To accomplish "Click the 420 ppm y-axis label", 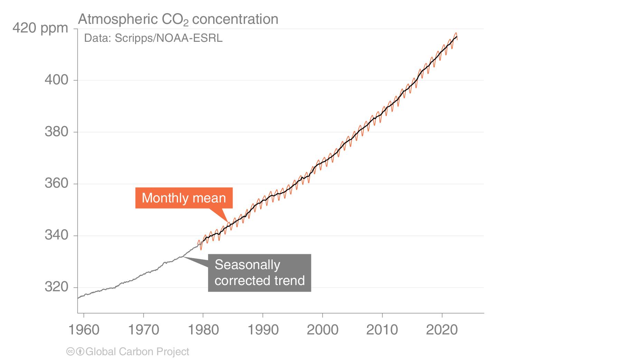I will tap(40, 28).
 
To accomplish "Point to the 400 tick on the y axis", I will tap(56, 80).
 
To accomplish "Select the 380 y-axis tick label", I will tap(56, 132).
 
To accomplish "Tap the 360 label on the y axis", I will tap(56, 183).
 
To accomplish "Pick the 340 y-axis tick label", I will tap(56, 235).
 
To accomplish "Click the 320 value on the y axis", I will tap(56, 287).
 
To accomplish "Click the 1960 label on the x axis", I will tap(84, 330).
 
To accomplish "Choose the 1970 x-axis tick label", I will tap(143, 330).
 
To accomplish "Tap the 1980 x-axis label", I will tap(203, 330).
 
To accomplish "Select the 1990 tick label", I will tap(263, 330).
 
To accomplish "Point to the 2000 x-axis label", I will tap(322, 330).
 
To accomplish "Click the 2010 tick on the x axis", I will tap(382, 330).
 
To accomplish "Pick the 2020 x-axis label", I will tap(442, 330).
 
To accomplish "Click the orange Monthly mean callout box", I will tap(183, 198).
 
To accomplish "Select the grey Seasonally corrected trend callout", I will tap(259, 273).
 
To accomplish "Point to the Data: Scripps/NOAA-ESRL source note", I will tap(153, 38).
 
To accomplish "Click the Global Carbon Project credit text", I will tap(137, 352).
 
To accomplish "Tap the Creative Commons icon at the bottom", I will tap(70, 352).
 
